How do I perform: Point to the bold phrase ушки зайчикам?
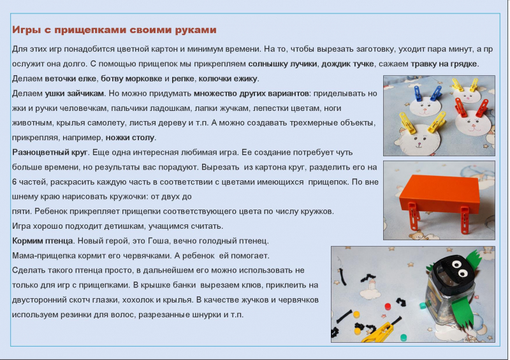click(74, 93)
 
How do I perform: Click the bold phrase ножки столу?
click(130, 138)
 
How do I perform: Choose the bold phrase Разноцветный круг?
click(50, 152)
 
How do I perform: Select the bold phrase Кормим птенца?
click(42, 241)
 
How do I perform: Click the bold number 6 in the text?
click(14, 182)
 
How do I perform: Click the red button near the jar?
click(388, 306)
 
